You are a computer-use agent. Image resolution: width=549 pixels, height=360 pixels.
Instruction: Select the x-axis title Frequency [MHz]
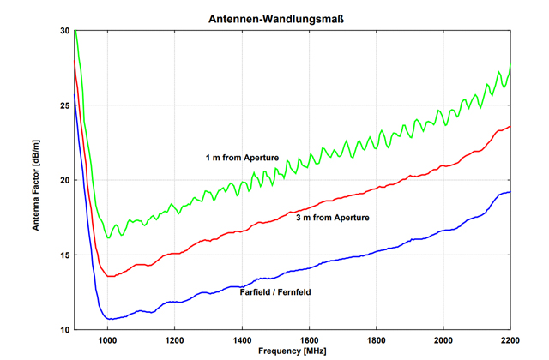tap(292, 351)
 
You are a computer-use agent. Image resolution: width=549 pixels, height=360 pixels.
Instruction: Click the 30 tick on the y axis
tap(65, 31)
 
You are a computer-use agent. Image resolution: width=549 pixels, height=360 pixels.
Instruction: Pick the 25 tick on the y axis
tap(65, 105)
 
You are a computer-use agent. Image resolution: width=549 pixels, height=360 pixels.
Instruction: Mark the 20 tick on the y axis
tap(65, 180)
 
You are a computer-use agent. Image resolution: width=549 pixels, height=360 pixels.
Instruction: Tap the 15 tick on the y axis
tap(65, 255)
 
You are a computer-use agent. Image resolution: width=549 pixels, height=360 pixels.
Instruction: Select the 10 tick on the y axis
tap(65, 330)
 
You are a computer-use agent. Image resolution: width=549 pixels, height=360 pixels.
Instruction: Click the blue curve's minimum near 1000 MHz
tap(109, 319)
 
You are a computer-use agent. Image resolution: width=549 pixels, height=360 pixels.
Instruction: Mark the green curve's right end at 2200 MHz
tap(510, 65)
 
